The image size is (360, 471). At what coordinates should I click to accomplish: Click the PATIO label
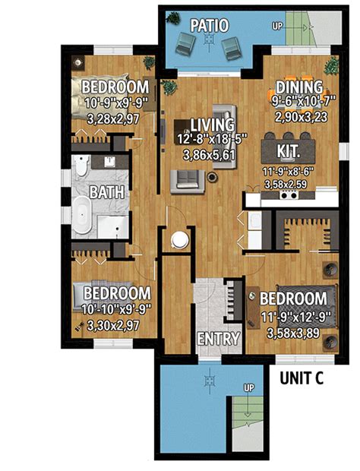pos(209,25)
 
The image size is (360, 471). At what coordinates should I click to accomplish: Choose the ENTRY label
pos(218,339)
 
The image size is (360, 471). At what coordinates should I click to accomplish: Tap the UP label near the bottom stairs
pos(248,387)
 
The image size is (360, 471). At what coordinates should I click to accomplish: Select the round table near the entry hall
pos(179,240)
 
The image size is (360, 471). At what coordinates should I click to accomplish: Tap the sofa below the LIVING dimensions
pos(186,179)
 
